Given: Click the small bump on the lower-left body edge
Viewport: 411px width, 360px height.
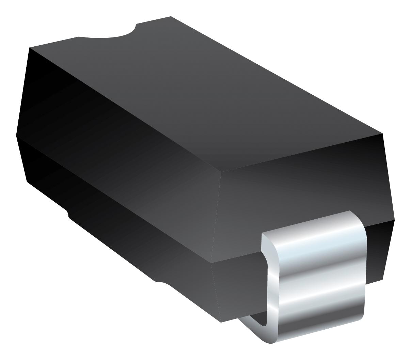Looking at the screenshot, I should coord(68,214).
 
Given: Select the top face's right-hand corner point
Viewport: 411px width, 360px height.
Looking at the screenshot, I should coord(382,133).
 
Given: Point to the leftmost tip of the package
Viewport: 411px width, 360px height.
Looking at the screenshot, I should coord(16,135).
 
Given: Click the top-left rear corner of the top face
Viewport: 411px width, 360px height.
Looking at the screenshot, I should coord(30,48).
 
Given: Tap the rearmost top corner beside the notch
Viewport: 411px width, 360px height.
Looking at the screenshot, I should coord(171,16).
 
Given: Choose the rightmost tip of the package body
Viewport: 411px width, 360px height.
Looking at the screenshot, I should coord(394,220).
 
